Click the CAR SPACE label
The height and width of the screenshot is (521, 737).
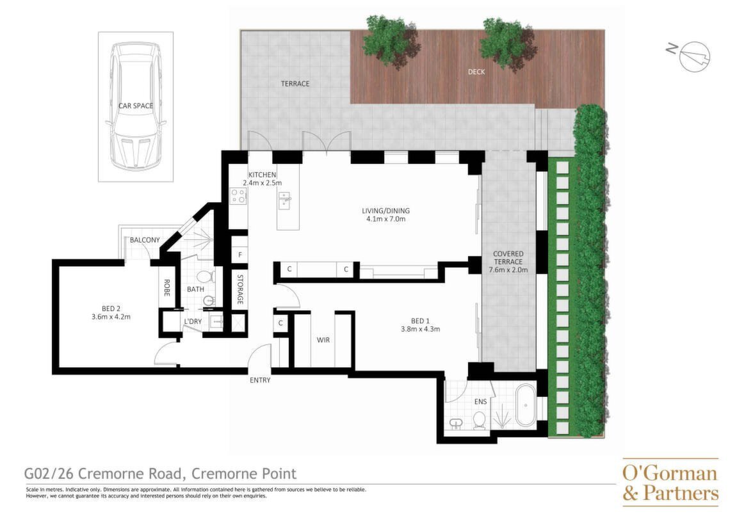click(x=135, y=106)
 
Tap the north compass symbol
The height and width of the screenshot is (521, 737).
click(x=690, y=55)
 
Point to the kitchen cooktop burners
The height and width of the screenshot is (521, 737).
click(x=238, y=195)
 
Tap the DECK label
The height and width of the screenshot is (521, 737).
click(x=476, y=72)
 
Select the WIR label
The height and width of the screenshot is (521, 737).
click(x=323, y=340)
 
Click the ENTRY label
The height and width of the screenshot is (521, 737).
click(x=260, y=380)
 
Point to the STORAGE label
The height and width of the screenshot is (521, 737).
click(x=239, y=289)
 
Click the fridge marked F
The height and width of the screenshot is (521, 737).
click(x=239, y=255)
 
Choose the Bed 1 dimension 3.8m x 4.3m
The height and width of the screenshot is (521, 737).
click(x=420, y=330)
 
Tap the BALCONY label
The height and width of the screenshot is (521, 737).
click(x=145, y=240)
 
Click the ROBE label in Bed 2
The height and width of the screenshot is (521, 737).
click(x=166, y=287)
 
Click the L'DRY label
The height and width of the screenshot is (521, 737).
click(x=193, y=321)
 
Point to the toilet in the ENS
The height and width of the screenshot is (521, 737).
click(x=480, y=421)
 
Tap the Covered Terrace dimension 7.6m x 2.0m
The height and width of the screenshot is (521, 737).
click(x=508, y=270)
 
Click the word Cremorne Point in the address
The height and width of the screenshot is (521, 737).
click(x=245, y=473)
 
